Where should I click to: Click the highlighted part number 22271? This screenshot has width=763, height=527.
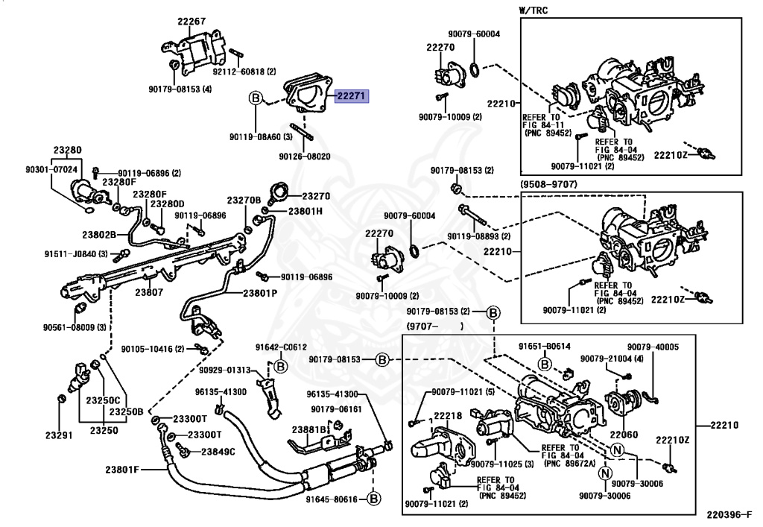pyautogui.click(x=351, y=96)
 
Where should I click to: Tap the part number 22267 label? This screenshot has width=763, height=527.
pyautogui.click(x=191, y=22)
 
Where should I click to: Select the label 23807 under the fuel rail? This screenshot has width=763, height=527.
pyautogui.click(x=149, y=292)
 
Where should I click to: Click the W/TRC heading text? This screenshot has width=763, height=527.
pyautogui.click(x=533, y=10)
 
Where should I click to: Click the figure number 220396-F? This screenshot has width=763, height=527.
pyautogui.click(x=730, y=515)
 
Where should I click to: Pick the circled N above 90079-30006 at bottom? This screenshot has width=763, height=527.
pyautogui.click(x=605, y=473)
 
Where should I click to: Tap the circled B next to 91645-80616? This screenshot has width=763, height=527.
pyautogui.click(x=374, y=499)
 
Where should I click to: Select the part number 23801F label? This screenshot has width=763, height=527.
pyautogui.click(x=122, y=470)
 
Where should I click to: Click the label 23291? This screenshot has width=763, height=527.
pyautogui.click(x=60, y=435)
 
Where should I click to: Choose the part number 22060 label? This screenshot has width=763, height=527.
pyautogui.click(x=624, y=435)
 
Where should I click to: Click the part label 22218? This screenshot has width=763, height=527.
pyautogui.click(x=448, y=416)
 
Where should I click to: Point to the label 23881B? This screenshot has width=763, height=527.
pyautogui.click(x=308, y=430)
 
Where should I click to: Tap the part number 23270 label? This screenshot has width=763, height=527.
pyautogui.click(x=316, y=196)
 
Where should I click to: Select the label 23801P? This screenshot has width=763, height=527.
pyautogui.click(x=260, y=294)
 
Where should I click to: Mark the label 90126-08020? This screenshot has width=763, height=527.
pyautogui.click(x=305, y=157)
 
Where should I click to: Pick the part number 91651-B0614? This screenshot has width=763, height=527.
pyautogui.click(x=545, y=347)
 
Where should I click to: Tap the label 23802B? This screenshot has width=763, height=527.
pyautogui.click(x=99, y=235)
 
